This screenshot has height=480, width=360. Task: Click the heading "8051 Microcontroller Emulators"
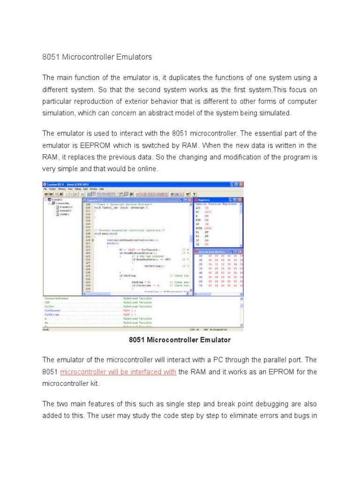(x=97, y=57)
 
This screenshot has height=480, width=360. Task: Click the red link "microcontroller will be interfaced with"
(x=118, y=372)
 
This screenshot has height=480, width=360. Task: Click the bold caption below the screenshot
(x=180, y=340)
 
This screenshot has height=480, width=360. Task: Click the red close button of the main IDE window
(x=241, y=184)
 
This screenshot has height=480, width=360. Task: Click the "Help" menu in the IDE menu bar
(x=102, y=188)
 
